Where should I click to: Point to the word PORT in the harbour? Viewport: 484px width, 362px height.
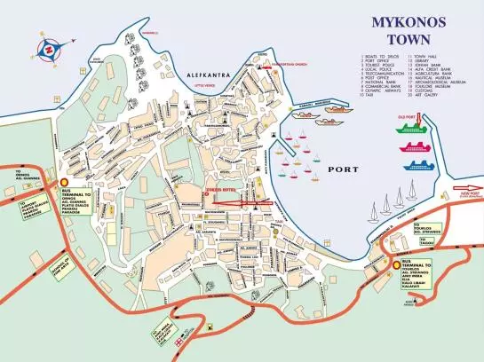point(342,169)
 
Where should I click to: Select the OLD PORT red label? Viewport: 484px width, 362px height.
point(404,115)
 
